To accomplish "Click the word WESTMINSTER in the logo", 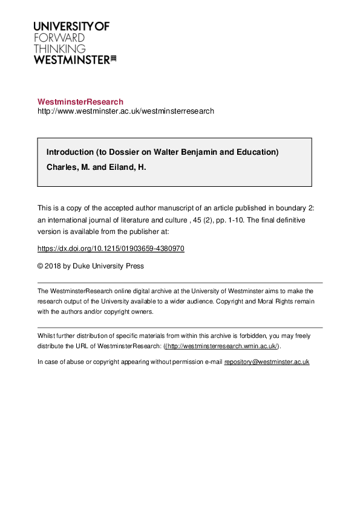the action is click(71, 59).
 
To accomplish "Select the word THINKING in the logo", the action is click(59, 48).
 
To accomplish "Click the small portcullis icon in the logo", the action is click(113, 59).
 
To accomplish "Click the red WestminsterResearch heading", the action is click(80, 102).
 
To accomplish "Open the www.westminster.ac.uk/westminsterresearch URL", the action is click(126, 111).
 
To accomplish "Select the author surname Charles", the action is click(62, 167).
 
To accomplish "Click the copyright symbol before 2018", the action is click(41, 265).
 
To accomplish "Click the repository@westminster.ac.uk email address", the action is click(267, 361).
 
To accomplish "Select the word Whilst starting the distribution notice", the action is click(46, 336).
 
